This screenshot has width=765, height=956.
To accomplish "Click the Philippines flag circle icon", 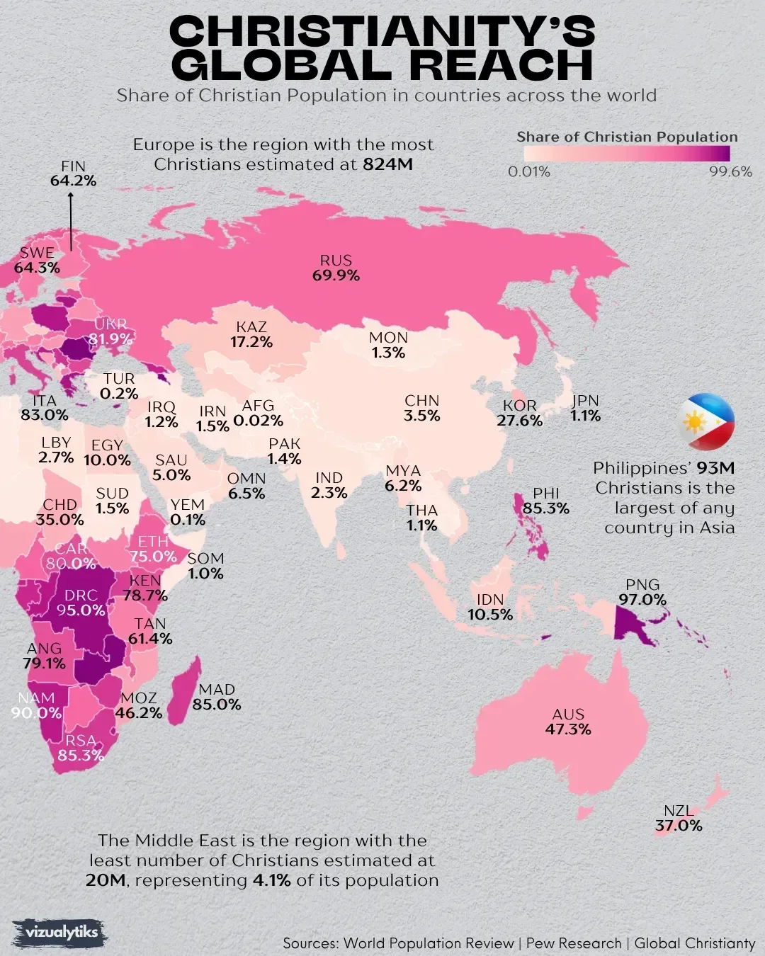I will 707,422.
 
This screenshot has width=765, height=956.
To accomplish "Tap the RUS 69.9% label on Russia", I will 336,268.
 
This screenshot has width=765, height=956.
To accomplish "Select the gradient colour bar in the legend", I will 623,154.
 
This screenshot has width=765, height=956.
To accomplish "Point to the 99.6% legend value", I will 730,172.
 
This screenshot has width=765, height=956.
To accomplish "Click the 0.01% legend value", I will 528,172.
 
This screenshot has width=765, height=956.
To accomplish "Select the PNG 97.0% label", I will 642,592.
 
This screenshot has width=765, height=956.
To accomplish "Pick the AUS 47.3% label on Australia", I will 568,722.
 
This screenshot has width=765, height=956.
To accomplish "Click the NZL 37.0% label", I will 679,819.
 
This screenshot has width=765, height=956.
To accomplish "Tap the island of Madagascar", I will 183,687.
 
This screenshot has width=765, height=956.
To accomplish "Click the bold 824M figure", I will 387,164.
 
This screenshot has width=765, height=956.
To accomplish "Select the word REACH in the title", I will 501,65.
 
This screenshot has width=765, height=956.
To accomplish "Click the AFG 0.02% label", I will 258,413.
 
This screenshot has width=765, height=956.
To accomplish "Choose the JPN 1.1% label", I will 586,408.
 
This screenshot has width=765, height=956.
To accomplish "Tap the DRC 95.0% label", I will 81,603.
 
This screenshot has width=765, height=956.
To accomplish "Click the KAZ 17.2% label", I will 251,334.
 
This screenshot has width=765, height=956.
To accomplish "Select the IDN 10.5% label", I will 490,608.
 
